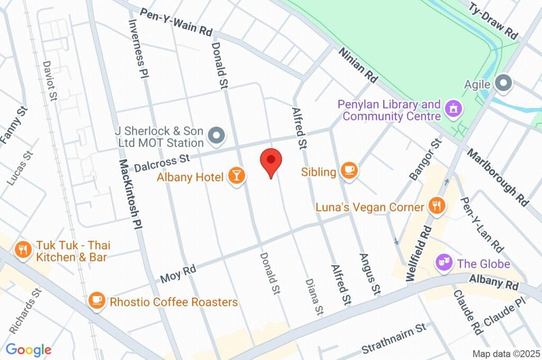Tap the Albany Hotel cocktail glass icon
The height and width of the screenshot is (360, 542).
pos(237,176)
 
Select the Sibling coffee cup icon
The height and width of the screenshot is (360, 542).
pos(349,170)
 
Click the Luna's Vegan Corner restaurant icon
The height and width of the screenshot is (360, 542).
pos(436,206)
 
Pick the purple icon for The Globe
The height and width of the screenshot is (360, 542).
pos(443,262)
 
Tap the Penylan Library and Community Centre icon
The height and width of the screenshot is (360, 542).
pos(453,109)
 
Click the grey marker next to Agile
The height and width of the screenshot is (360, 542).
pos(503,83)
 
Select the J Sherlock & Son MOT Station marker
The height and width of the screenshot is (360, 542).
pos(216,136)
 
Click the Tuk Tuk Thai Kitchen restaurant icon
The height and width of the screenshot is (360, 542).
pos(22,250)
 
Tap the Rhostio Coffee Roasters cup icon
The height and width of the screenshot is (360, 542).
pos(96,301)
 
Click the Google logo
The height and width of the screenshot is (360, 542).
pos(29,349)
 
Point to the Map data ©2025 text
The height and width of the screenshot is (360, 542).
pos(507,354)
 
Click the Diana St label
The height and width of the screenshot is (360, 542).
pos(314,296)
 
